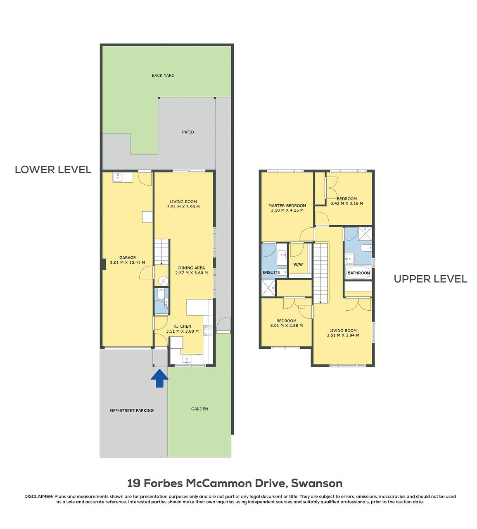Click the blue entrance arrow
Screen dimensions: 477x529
point(159,378)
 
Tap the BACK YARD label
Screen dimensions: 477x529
point(163,75)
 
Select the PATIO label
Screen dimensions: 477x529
point(188,132)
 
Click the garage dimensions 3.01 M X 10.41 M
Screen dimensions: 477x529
point(128,263)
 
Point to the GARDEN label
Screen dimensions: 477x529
point(199,409)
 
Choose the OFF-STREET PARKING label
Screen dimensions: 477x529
point(132,410)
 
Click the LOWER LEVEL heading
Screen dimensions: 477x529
point(53,169)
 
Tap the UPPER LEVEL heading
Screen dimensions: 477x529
point(431,279)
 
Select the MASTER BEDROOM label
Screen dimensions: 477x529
point(287,206)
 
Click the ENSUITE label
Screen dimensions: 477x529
point(271,272)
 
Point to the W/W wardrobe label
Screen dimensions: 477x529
point(298,264)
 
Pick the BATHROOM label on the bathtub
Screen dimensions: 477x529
point(358,273)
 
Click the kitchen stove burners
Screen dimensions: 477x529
point(208,331)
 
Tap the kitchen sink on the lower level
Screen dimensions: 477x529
point(187,359)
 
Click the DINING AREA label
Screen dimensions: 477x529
point(191,268)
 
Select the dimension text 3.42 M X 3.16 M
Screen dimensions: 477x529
point(347,203)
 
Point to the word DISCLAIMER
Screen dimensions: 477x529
point(39,497)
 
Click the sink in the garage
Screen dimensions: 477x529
point(118,177)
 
